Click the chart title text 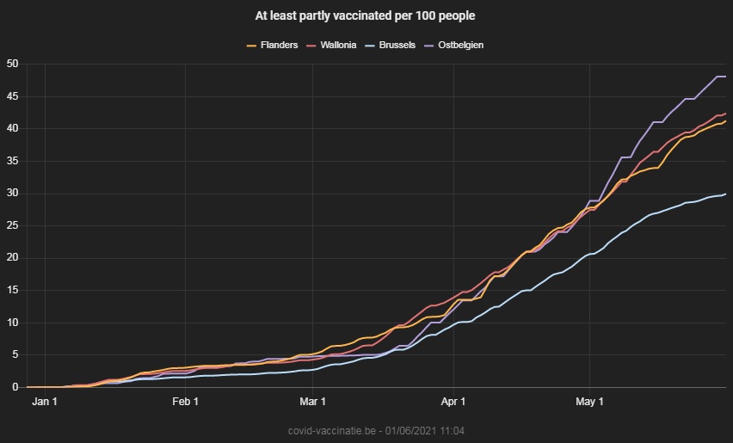pos(366,15)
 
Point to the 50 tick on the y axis pos(13,64)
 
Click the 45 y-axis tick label pos(13,96)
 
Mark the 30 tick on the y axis pos(13,194)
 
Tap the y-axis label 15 pos(13,291)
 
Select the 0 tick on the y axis pos(15,387)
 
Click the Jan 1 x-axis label pos(44,402)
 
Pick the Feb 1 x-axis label pos(185,402)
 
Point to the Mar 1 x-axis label pos(312,402)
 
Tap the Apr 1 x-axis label pos(453,402)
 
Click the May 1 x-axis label pos(589,402)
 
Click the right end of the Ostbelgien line pos(725,77)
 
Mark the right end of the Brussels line pos(725,194)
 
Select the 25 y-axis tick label pos(13,225)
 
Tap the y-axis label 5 pos(15,355)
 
